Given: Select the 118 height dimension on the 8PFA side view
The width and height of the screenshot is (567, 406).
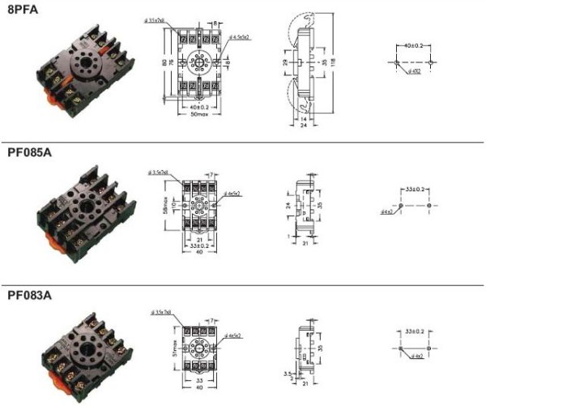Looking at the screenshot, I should click(333, 62).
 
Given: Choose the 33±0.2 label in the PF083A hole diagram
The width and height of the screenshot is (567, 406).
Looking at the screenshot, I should click(414, 331).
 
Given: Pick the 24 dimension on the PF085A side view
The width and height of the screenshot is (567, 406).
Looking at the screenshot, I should click(289, 205).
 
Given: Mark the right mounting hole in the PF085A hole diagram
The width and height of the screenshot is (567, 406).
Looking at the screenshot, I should click(428, 206).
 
